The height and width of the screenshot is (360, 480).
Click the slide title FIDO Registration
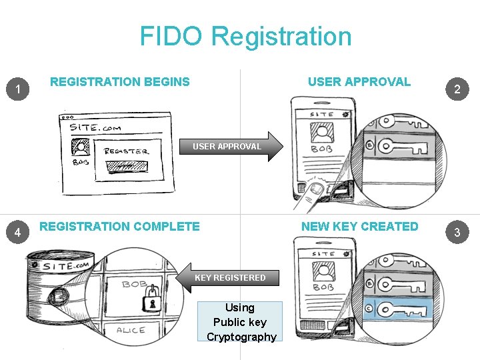(x=245, y=36)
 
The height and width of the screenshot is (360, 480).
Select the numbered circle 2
(x=457, y=89)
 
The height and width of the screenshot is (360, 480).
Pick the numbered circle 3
(x=457, y=233)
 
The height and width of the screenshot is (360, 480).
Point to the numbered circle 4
(x=21, y=232)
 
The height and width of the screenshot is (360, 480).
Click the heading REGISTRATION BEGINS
(x=120, y=82)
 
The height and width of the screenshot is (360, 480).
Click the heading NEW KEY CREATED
(x=359, y=227)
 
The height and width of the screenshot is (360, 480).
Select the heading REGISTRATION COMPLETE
(x=120, y=227)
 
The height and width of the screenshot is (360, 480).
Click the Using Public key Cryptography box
(x=240, y=321)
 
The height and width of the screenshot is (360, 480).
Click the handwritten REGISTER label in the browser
(x=127, y=151)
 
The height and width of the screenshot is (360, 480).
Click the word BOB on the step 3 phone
(x=323, y=287)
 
